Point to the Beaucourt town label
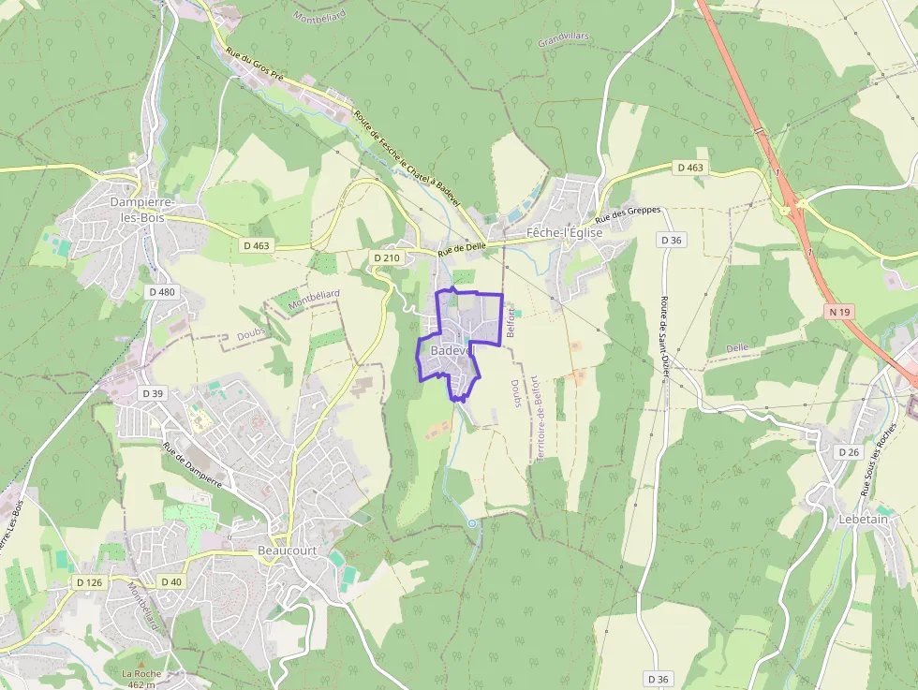[287, 551]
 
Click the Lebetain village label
[863, 518]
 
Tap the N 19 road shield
[839, 310]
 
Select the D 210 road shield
[386, 257]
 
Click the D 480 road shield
[161, 292]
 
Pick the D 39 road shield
[151, 392]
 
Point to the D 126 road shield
[89, 582]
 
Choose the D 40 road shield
[170, 581]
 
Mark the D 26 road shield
[848, 452]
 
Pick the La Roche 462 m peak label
[141, 678]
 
